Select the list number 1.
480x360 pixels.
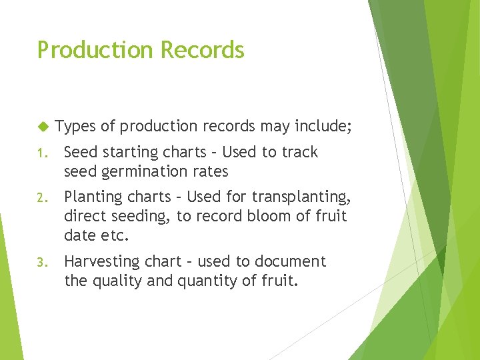tap(41, 153)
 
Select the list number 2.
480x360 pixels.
tap(41, 198)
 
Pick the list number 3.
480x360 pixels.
tap(41, 262)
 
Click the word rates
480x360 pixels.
tap(211, 171)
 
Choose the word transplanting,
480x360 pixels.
tap(306, 197)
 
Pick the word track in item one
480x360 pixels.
tap(299, 152)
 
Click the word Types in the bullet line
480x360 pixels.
tap(75, 125)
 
